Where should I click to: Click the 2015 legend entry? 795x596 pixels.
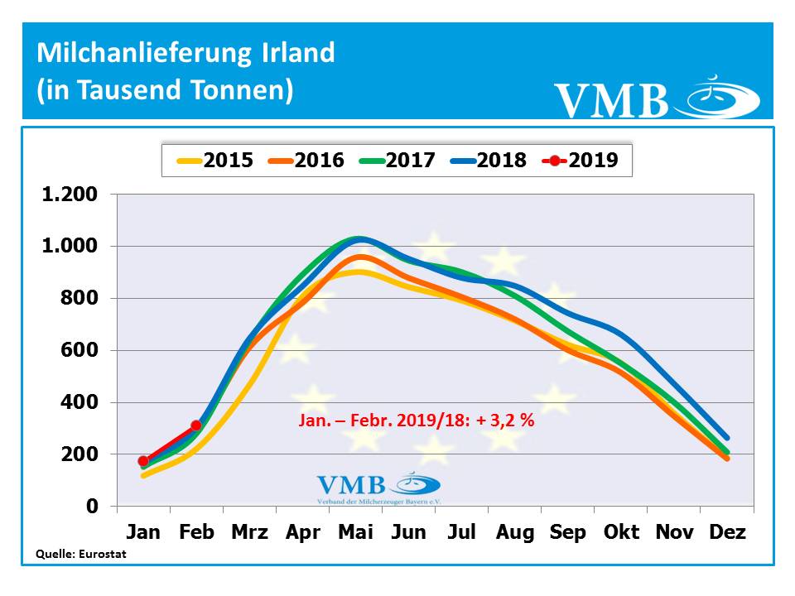[x=214, y=160]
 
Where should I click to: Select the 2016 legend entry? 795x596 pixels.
[x=306, y=160]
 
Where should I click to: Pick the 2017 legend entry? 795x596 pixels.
[x=397, y=160]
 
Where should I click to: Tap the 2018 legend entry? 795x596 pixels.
[x=488, y=160]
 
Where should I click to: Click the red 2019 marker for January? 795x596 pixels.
[x=143, y=461]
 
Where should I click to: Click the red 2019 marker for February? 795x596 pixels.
[x=196, y=425]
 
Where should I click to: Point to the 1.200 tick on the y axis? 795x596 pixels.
[x=70, y=195]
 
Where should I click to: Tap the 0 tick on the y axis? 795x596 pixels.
[x=93, y=506]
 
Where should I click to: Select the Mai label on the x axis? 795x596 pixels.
[x=356, y=531]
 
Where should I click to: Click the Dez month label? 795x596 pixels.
[x=727, y=531]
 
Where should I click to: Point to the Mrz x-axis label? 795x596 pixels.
[x=249, y=531]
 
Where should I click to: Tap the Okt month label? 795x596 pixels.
[x=621, y=531]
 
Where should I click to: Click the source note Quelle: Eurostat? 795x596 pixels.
[x=81, y=555]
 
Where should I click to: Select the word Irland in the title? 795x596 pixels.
[x=293, y=53]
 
